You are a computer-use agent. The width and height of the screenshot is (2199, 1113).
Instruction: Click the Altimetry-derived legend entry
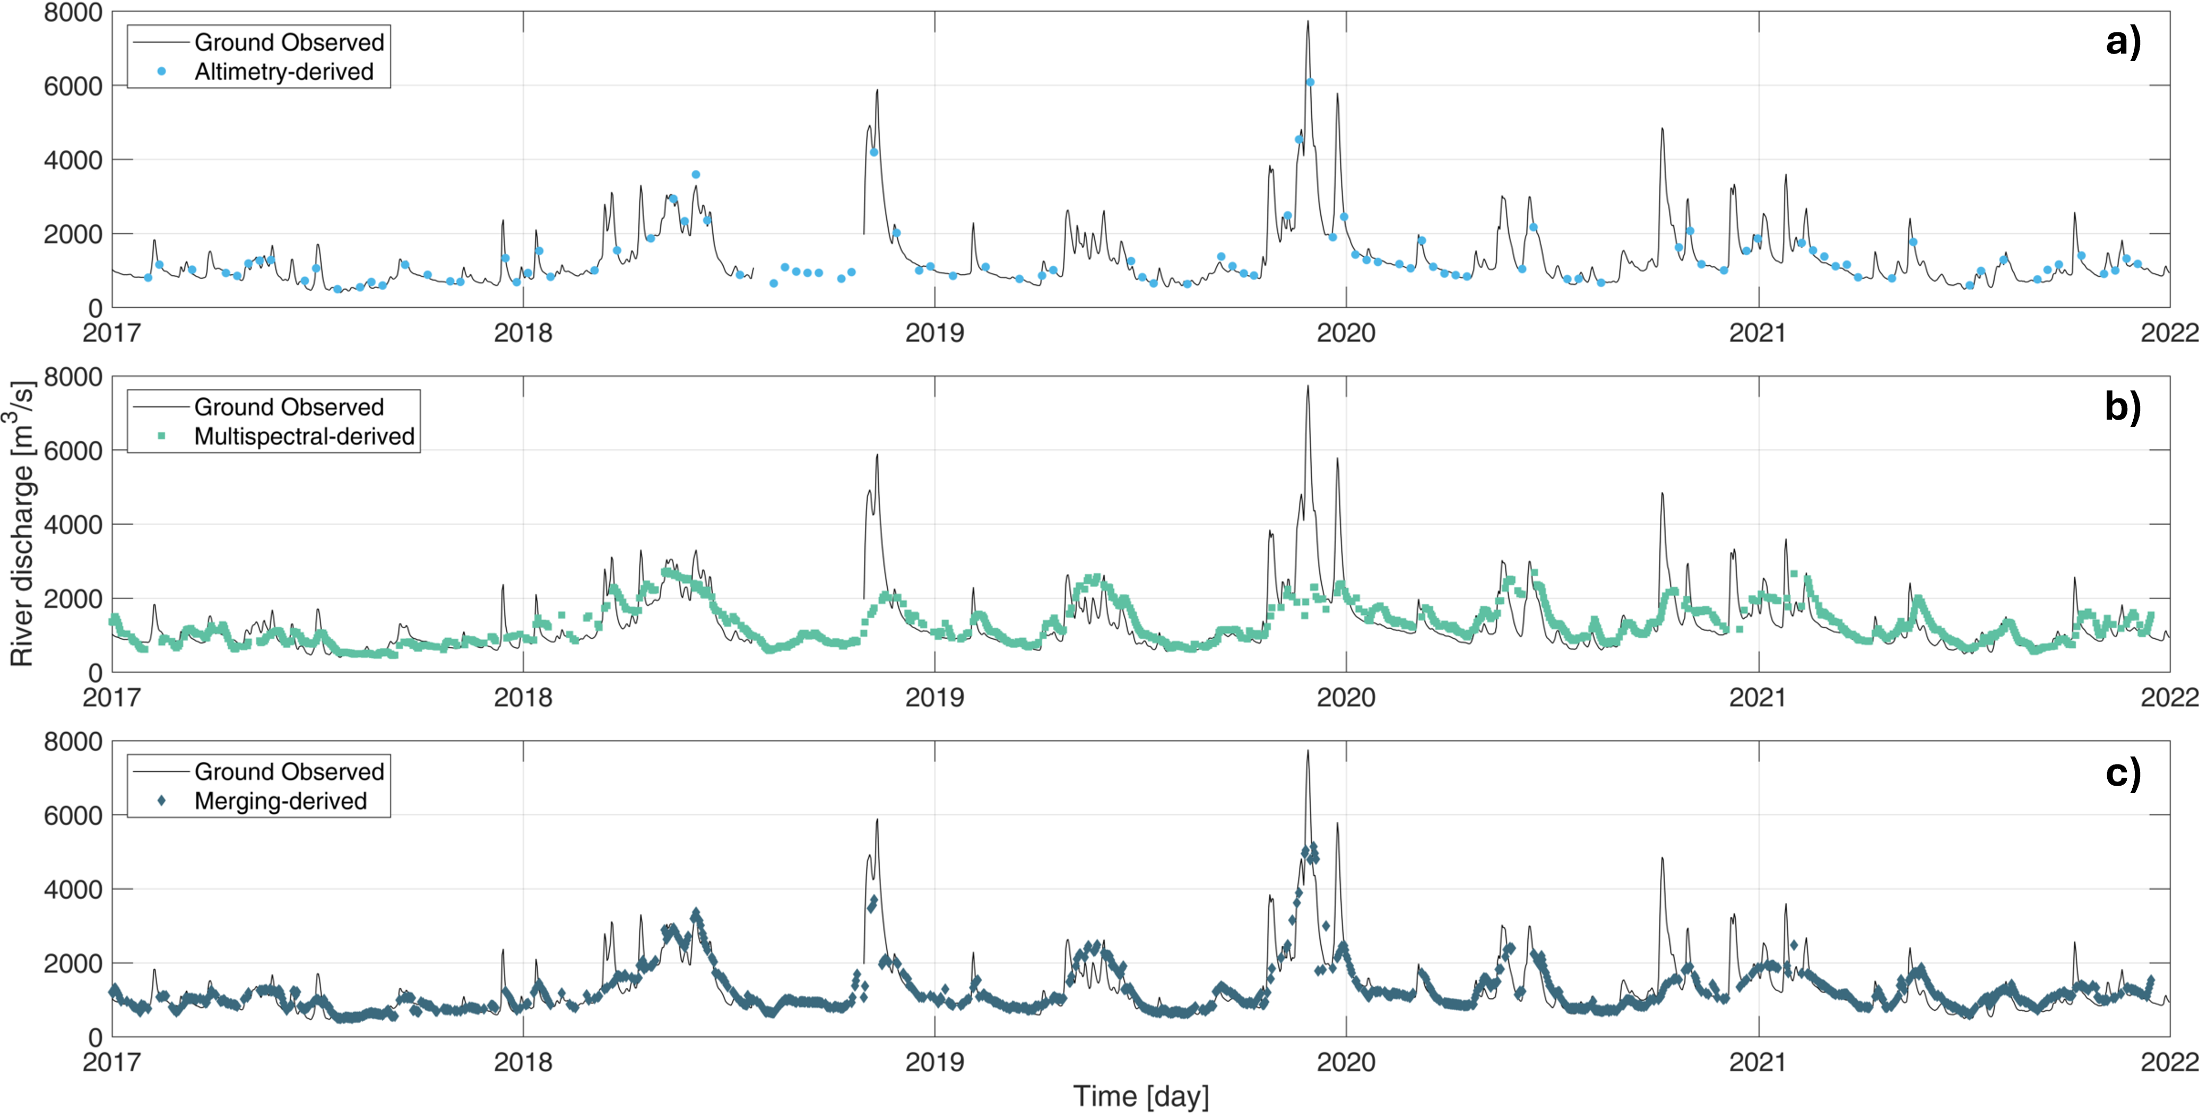pos(283,72)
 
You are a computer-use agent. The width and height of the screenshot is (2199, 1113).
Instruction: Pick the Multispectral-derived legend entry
pos(304,436)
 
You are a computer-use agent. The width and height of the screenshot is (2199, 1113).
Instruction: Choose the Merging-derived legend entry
pos(280,801)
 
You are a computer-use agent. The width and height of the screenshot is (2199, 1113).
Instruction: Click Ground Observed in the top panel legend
pos(289,42)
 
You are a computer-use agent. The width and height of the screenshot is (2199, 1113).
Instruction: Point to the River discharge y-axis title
pos(22,524)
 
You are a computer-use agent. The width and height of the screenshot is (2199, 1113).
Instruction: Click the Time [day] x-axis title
pos(1140,1095)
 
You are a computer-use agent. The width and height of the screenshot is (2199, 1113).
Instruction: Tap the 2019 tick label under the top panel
pos(935,333)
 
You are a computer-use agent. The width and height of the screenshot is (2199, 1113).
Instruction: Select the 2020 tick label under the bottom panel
pos(1346,1062)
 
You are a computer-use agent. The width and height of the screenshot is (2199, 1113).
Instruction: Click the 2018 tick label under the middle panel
pos(523,697)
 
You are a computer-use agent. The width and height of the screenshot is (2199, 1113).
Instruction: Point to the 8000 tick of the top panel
pos(73,13)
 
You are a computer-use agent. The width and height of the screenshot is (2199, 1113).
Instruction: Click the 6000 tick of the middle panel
pos(73,450)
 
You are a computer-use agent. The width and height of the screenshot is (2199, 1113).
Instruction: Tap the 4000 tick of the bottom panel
pos(73,889)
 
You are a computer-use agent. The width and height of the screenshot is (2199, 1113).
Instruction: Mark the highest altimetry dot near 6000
pos(1310,82)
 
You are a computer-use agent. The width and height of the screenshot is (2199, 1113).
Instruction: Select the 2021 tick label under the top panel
pos(1758,333)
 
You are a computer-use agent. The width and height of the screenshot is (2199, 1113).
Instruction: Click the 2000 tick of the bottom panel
pos(73,963)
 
